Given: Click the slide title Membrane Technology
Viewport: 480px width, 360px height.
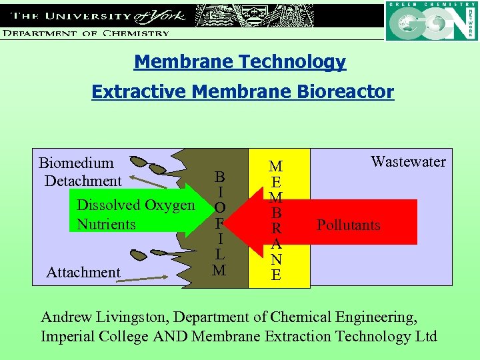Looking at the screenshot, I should pos(240,62).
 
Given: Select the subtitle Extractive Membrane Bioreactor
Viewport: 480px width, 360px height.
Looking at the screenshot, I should pos(243,91).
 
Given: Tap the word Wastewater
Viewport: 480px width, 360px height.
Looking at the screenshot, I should pos(408,161).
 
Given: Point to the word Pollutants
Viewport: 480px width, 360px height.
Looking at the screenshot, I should pos(348,225).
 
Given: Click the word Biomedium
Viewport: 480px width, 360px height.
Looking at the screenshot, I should pos(76,163).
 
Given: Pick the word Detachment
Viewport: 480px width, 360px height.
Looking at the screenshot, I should pos(83,181).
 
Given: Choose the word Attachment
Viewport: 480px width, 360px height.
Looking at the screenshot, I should pos(83,272).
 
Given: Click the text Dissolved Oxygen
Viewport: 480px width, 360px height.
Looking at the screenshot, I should pos(136,205).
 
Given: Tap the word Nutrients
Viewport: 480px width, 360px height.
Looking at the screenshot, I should pos(106,224).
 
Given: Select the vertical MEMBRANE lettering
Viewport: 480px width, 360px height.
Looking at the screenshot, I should pos(275,221).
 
